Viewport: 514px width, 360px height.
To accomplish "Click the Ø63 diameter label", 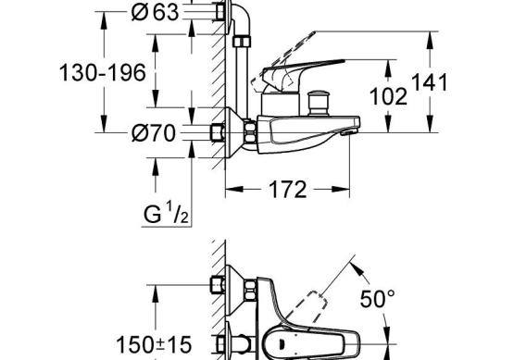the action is tap(155, 12).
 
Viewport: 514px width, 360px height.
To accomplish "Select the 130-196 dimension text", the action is tap(102, 72).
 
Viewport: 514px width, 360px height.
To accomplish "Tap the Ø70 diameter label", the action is tap(154, 133).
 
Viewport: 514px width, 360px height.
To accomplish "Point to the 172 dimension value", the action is tap(287, 190).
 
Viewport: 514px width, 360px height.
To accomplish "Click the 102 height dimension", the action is tap(388, 96).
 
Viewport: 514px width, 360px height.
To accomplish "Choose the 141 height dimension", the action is tap(429, 81).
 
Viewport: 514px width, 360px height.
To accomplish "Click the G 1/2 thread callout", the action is tap(166, 213).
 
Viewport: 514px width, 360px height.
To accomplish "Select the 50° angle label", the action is tap(377, 298).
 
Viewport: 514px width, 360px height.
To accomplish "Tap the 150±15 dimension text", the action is tap(154, 344).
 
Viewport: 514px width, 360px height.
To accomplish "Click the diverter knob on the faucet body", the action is tap(319, 103).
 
